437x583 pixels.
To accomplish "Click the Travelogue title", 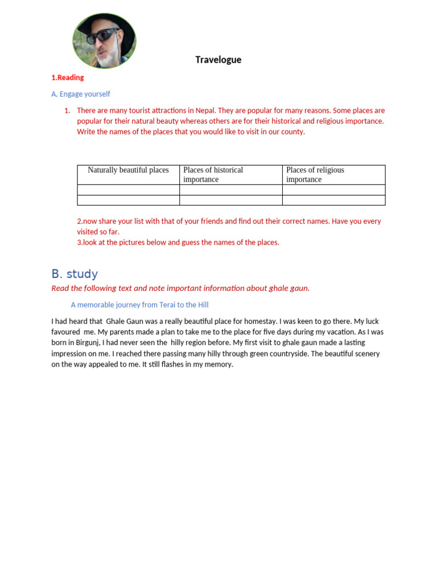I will [218, 60].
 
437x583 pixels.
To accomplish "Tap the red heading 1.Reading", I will [67, 77].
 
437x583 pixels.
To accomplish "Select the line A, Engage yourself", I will [81, 94].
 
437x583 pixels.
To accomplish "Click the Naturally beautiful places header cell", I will [128, 170].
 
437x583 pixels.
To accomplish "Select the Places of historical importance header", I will [213, 174].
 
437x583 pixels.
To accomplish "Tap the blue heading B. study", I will [75, 274].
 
